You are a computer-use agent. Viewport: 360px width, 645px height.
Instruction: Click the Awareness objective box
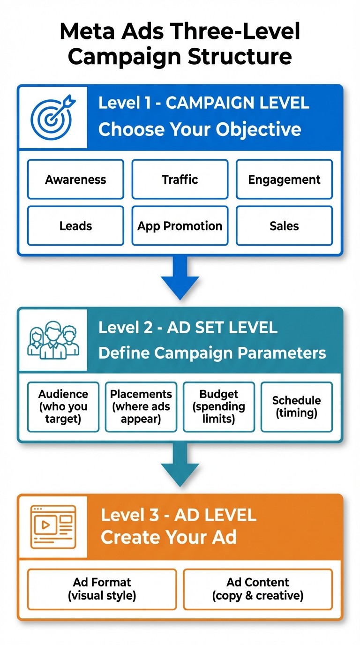click(x=75, y=180)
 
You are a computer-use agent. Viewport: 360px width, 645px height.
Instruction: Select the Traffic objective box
click(x=180, y=180)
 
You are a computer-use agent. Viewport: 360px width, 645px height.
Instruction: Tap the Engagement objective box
click(x=284, y=180)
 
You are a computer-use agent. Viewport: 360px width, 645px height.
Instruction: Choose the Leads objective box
click(x=75, y=226)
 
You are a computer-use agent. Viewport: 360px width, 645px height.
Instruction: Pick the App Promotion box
click(x=180, y=226)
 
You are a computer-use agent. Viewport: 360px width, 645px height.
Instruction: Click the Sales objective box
click(x=284, y=226)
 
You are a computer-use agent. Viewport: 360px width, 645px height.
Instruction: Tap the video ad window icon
click(x=53, y=526)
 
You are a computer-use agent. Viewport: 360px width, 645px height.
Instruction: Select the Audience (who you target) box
click(x=63, y=406)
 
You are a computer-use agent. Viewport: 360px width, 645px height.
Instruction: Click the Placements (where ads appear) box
click(x=141, y=406)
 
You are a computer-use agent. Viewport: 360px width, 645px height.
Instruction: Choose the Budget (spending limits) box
click(x=219, y=406)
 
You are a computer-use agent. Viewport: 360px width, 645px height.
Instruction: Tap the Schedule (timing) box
click(x=296, y=406)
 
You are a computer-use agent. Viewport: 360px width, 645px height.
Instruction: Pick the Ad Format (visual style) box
click(x=102, y=589)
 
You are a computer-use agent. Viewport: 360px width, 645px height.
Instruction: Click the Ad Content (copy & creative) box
click(x=258, y=589)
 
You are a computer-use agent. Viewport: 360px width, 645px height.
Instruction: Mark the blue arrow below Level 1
click(x=180, y=278)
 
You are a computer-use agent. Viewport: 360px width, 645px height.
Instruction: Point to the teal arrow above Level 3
click(x=180, y=465)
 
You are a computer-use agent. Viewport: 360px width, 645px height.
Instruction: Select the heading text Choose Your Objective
click(x=200, y=129)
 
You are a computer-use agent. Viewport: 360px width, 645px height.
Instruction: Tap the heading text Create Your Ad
click(x=169, y=537)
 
